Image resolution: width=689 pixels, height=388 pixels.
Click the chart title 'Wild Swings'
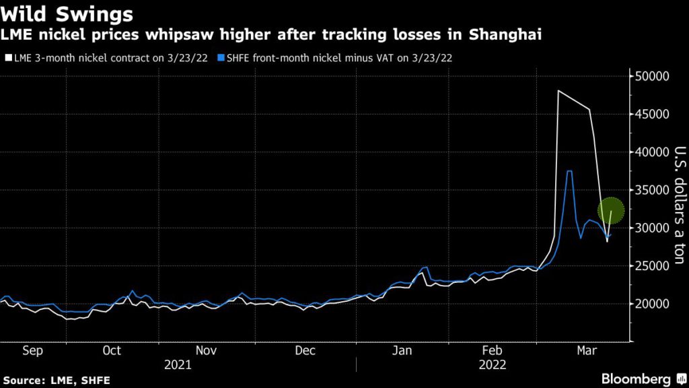coord(67,13)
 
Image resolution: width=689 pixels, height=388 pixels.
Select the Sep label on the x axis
coord(32,351)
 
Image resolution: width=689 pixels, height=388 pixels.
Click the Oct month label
coord(112,351)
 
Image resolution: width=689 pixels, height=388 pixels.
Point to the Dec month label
coord(305,351)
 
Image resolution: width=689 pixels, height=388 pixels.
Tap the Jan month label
coord(403,351)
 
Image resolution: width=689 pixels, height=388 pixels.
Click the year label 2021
coord(178,364)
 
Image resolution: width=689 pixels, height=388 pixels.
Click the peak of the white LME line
coord(558,90)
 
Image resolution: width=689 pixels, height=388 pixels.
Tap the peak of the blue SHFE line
coord(569,171)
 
